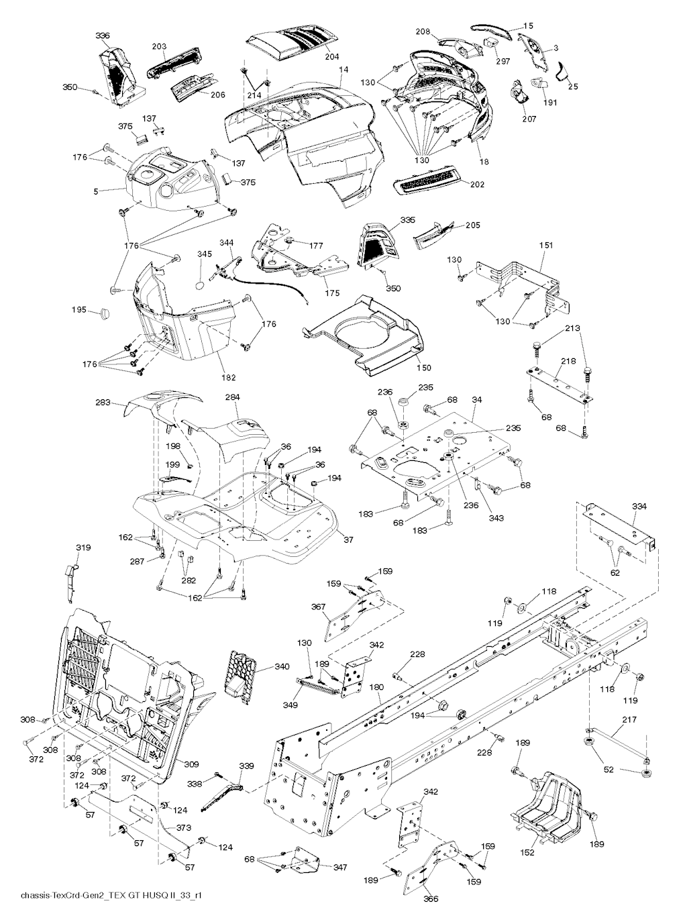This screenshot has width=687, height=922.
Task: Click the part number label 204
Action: click(333, 56)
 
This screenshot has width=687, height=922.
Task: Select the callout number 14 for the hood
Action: click(343, 70)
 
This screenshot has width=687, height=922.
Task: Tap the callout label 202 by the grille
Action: click(477, 184)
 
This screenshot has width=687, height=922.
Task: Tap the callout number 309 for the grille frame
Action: click(192, 763)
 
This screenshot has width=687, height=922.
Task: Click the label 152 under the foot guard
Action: click(528, 852)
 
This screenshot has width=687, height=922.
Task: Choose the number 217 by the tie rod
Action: click(629, 719)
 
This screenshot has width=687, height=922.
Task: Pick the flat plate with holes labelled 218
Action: click(559, 382)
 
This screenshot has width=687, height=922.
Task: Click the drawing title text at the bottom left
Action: click(111, 897)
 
